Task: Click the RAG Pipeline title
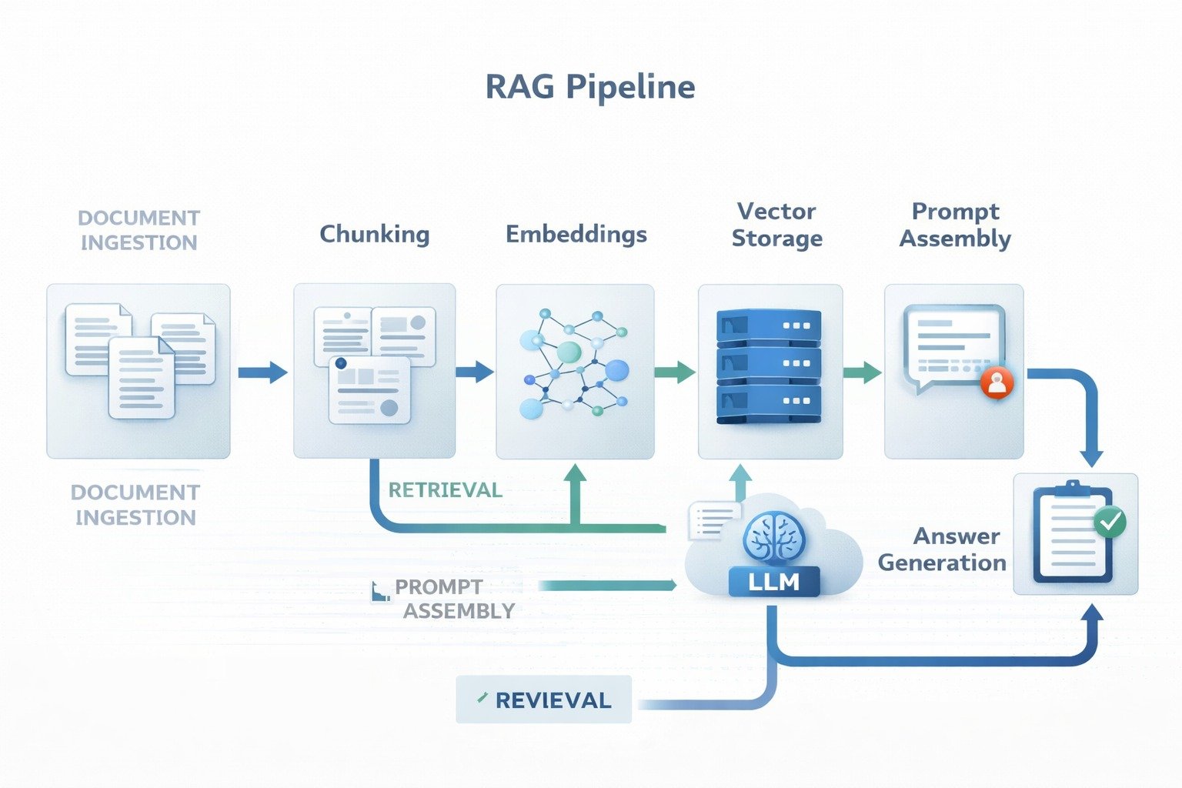click(x=590, y=87)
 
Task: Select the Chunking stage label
click(x=375, y=234)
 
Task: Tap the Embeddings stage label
click(x=576, y=234)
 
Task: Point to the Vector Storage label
click(x=776, y=225)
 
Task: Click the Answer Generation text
click(x=943, y=549)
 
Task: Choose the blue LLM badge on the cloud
click(x=773, y=583)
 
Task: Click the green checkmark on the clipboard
click(x=1110, y=522)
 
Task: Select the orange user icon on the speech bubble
click(x=997, y=382)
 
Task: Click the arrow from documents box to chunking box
click(x=262, y=373)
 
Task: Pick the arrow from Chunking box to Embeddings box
click(x=474, y=372)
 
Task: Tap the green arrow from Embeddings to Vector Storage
click(x=675, y=372)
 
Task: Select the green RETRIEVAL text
click(x=445, y=490)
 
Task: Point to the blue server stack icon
click(x=769, y=366)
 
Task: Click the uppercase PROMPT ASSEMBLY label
click(x=454, y=599)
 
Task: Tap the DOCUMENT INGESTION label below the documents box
click(x=135, y=505)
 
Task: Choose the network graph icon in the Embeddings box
click(x=574, y=363)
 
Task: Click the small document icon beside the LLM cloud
click(x=713, y=518)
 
